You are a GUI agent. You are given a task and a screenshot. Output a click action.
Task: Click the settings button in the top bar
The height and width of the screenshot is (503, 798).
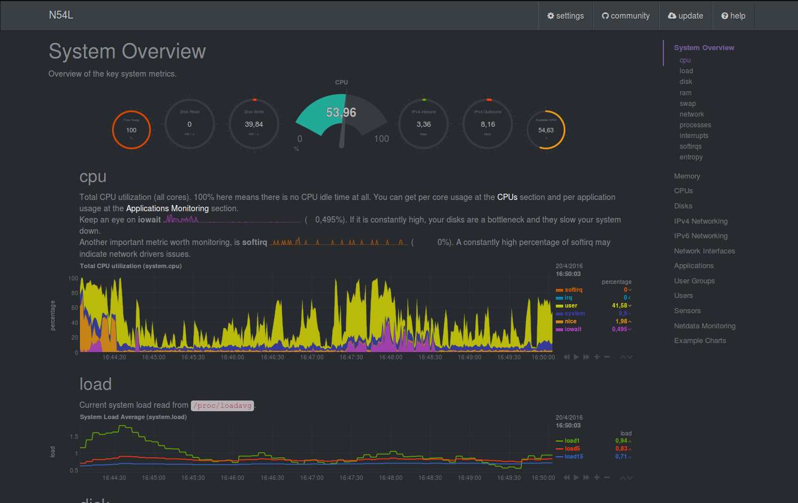[x=565, y=16]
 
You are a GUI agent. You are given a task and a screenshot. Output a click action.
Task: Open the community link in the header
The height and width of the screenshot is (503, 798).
[x=626, y=16]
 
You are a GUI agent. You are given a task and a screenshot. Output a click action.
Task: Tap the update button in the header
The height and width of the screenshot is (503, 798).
[x=685, y=16]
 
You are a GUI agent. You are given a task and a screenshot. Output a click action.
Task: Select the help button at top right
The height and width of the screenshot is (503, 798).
[x=733, y=16]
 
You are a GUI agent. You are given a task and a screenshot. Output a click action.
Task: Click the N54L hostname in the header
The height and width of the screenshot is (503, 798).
[x=61, y=15]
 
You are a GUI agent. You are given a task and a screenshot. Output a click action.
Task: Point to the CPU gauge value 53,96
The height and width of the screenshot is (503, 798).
[x=341, y=113]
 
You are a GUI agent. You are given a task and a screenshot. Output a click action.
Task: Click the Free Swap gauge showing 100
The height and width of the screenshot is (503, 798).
[x=131, y=130]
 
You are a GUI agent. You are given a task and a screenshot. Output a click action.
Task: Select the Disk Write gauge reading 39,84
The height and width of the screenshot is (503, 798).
[x=254, y=124]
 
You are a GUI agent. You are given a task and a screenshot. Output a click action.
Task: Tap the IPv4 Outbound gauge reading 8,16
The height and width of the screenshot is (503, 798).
[x=488, y=124]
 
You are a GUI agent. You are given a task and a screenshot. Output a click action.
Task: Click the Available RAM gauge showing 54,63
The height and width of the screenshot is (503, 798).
[x=546, y=130]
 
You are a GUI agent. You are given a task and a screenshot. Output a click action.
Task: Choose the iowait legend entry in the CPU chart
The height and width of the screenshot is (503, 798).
[x=573, y=329]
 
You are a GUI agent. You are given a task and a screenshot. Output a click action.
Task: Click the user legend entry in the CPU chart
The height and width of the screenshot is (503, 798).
[x=570, y=305]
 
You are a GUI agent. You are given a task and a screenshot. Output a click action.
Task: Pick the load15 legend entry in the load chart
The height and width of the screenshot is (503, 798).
[x=573, y=456]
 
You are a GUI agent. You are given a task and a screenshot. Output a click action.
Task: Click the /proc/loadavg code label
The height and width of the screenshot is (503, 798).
[x=222, y=406]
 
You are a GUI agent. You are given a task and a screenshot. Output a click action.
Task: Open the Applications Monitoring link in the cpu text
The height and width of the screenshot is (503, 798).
[x=167, y=208]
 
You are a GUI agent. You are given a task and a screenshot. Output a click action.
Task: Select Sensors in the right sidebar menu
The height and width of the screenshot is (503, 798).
[x=687, y=311]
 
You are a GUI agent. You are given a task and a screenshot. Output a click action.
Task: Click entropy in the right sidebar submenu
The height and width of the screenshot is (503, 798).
[x=691, y=157]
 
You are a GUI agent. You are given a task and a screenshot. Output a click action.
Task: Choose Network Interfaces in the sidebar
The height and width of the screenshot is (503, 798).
[x=705, y=251]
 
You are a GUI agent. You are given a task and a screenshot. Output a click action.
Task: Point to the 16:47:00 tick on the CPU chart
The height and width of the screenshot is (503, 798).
[x=311, y=357]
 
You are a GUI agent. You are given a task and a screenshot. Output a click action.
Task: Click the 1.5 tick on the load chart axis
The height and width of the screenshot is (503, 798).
[x=74, y=437]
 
